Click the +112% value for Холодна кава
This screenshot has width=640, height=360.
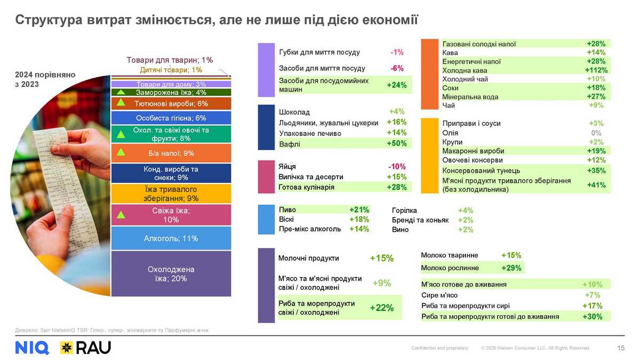[596, 70]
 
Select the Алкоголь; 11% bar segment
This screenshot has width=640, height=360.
[171, 238]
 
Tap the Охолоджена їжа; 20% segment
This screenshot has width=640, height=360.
[171, 274]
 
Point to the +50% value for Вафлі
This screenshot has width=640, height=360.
[396, 143]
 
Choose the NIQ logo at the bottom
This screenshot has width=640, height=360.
[32, 348]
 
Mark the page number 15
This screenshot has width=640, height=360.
[621, 348]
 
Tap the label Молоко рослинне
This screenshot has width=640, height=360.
[450, 268]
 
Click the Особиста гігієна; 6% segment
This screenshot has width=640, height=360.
[171, 118]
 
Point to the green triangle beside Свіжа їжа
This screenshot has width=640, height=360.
[121, 215]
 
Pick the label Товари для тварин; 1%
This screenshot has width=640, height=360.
[170, 60]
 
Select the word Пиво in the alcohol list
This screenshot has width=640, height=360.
[287, 210]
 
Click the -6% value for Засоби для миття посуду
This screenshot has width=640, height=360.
[396, 68]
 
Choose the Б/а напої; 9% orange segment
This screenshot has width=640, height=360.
[171, 154]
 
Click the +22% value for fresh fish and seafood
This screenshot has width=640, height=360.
[382, 308]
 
